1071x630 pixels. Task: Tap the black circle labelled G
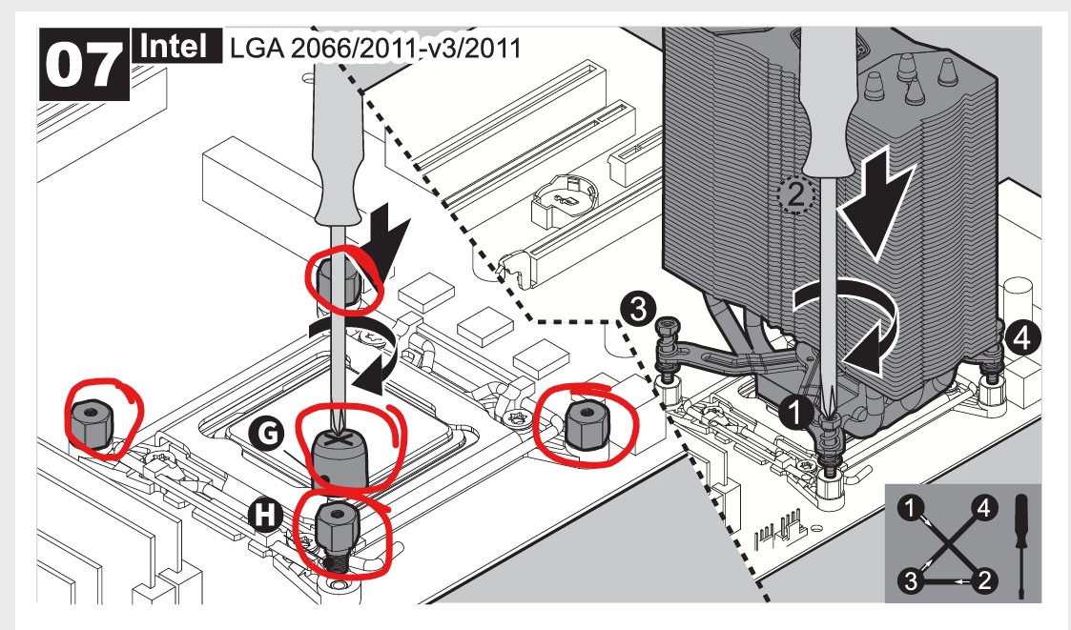[269, 434]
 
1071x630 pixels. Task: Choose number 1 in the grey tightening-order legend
[914, 509]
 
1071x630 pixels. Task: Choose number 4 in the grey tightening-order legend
[982, 509]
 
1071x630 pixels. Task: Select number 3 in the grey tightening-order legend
[914, 579]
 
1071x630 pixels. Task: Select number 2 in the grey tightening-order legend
[983, 579]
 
